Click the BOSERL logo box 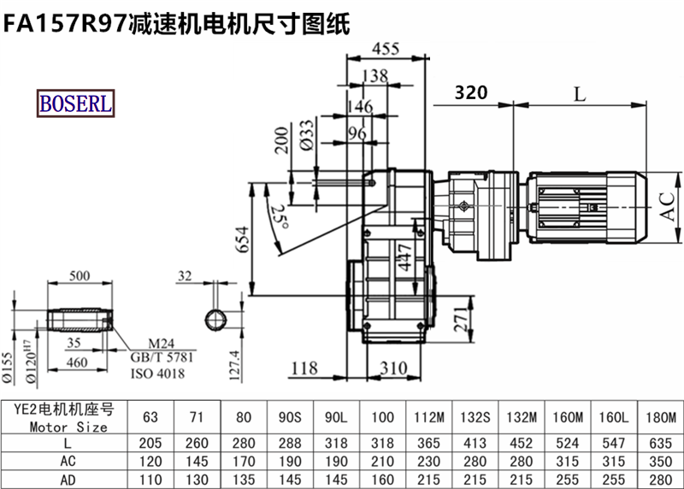pos(75,103)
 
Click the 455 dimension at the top pos(386,49)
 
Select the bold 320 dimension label pos(471,92)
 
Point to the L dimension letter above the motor pos(580,93)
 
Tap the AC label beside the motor pos(667,206)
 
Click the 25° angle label pos(280,216)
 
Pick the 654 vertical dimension pos(242,239)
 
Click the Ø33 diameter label pos(307,135)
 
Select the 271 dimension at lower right pos(461,320)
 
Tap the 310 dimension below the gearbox pos(394,368)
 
